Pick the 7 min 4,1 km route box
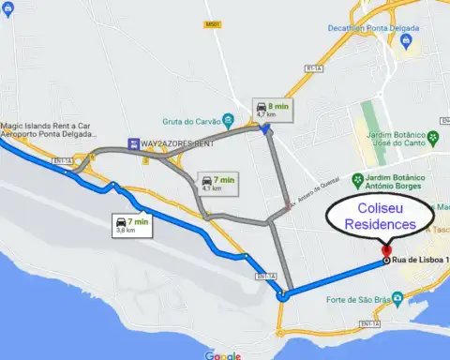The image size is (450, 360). coord(217,182)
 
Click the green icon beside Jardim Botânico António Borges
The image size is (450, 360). coord(356,178)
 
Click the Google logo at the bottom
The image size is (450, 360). coord(223,355)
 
